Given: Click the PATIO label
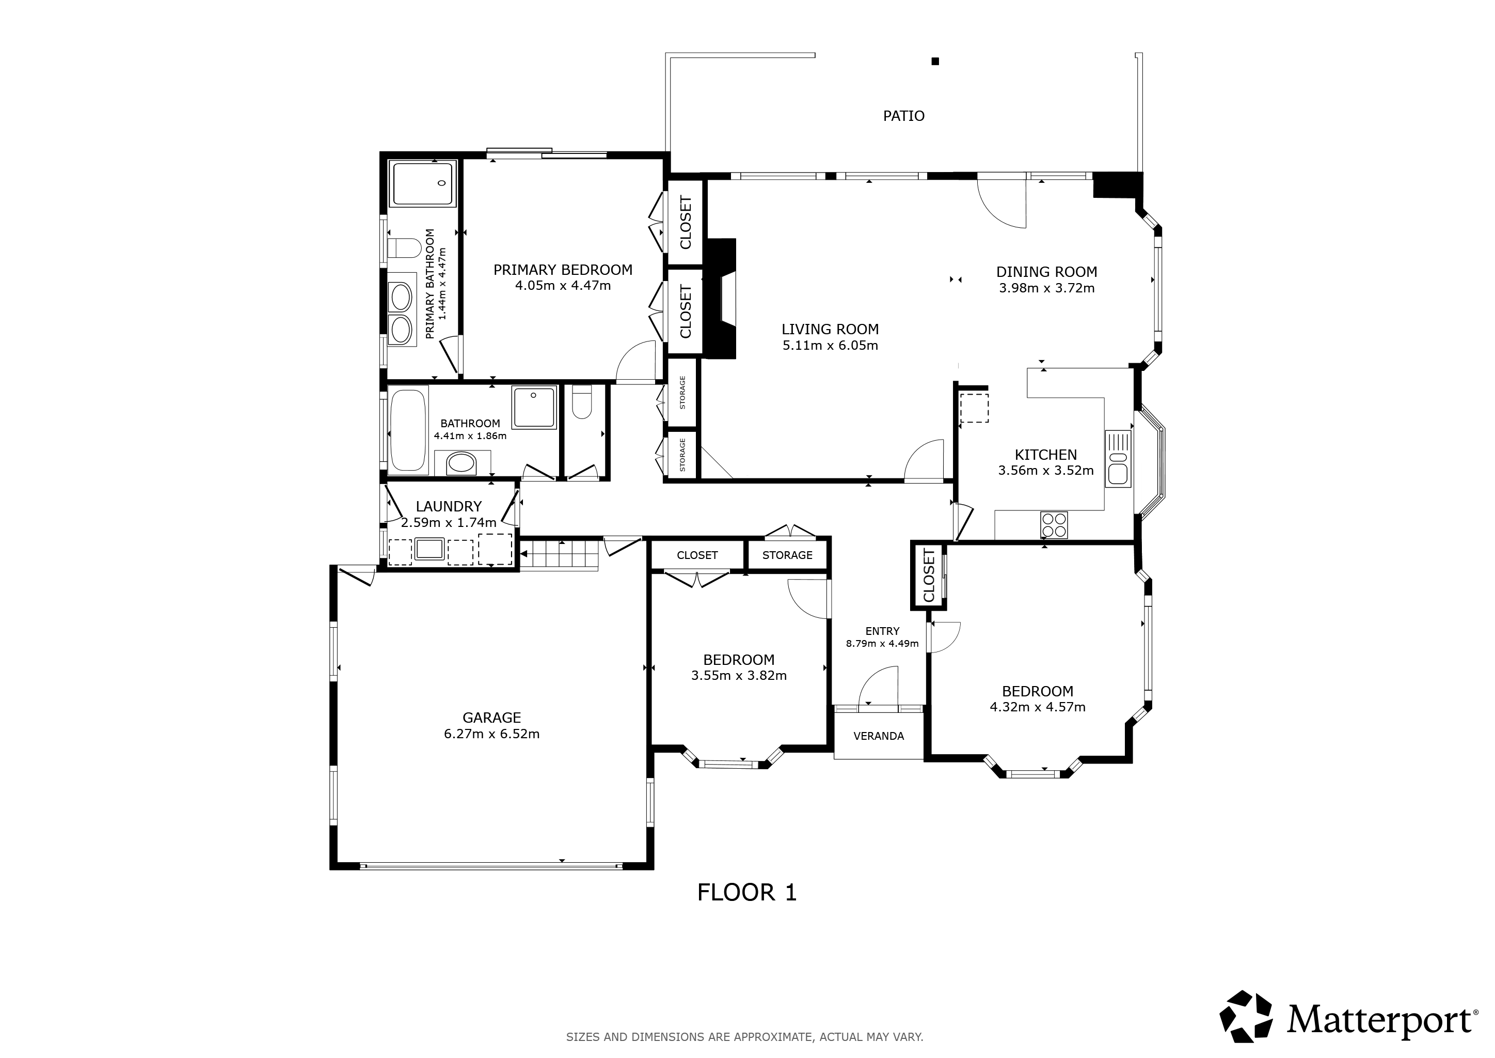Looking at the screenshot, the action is tap(904, 116).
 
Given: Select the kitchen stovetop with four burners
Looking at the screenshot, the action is tap(1054, 525).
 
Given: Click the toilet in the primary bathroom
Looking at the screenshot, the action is tap(404, 248).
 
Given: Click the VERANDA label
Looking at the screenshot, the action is tap(879, 736).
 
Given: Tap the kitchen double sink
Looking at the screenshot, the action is tap(1118, 458).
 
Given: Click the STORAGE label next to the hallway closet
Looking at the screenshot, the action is tap(787, 555).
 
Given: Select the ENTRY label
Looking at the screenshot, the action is tap(882, 631).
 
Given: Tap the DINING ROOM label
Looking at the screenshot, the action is tap(1046, 272).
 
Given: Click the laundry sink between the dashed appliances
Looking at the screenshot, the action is tap(430, 549).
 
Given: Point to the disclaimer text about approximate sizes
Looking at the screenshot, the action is tap(745, 1036).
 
